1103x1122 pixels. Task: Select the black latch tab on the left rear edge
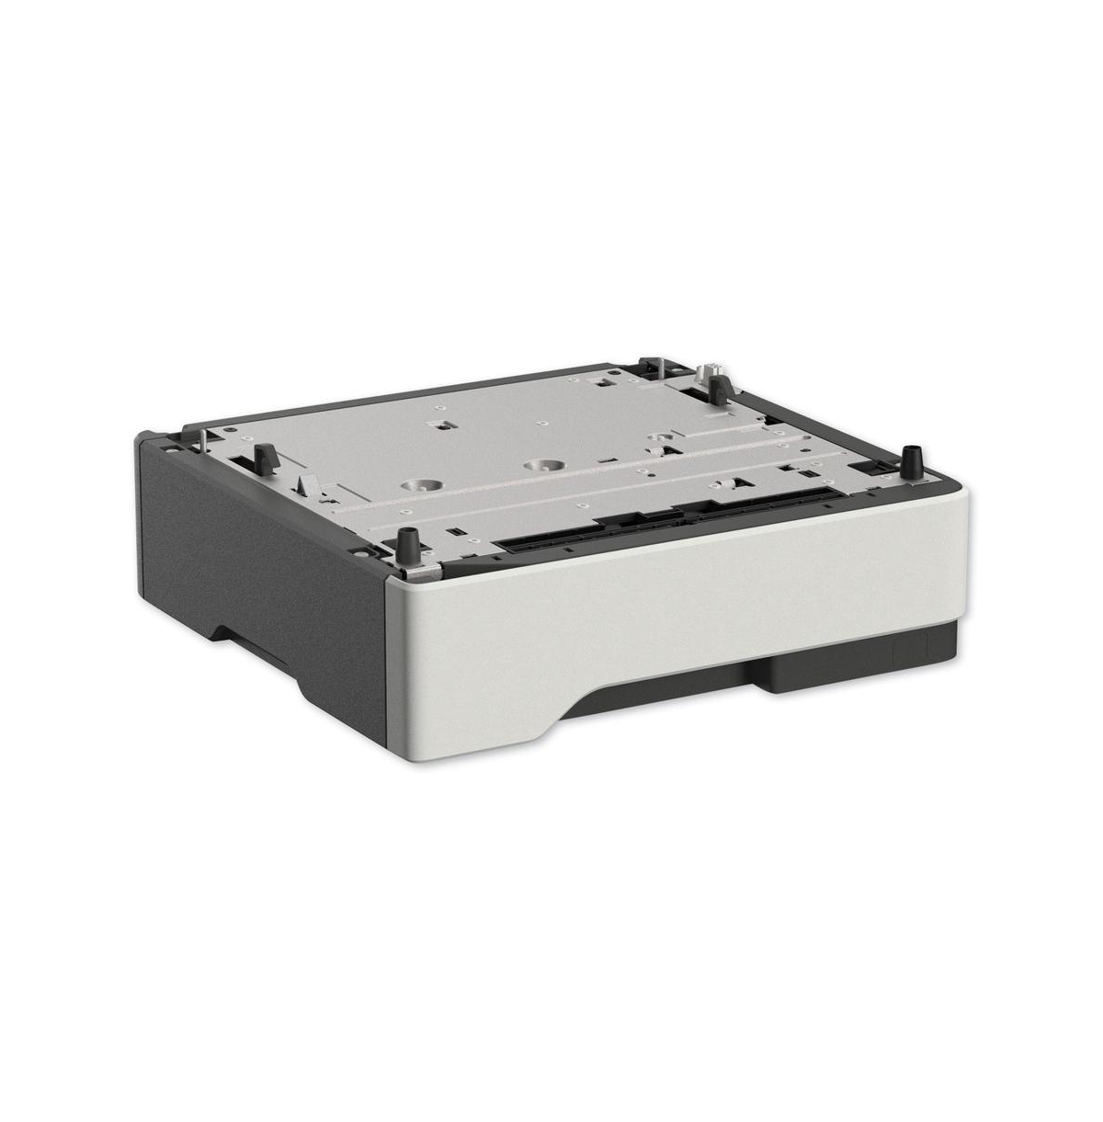(264, 454)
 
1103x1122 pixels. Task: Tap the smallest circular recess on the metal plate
(655, 439)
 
